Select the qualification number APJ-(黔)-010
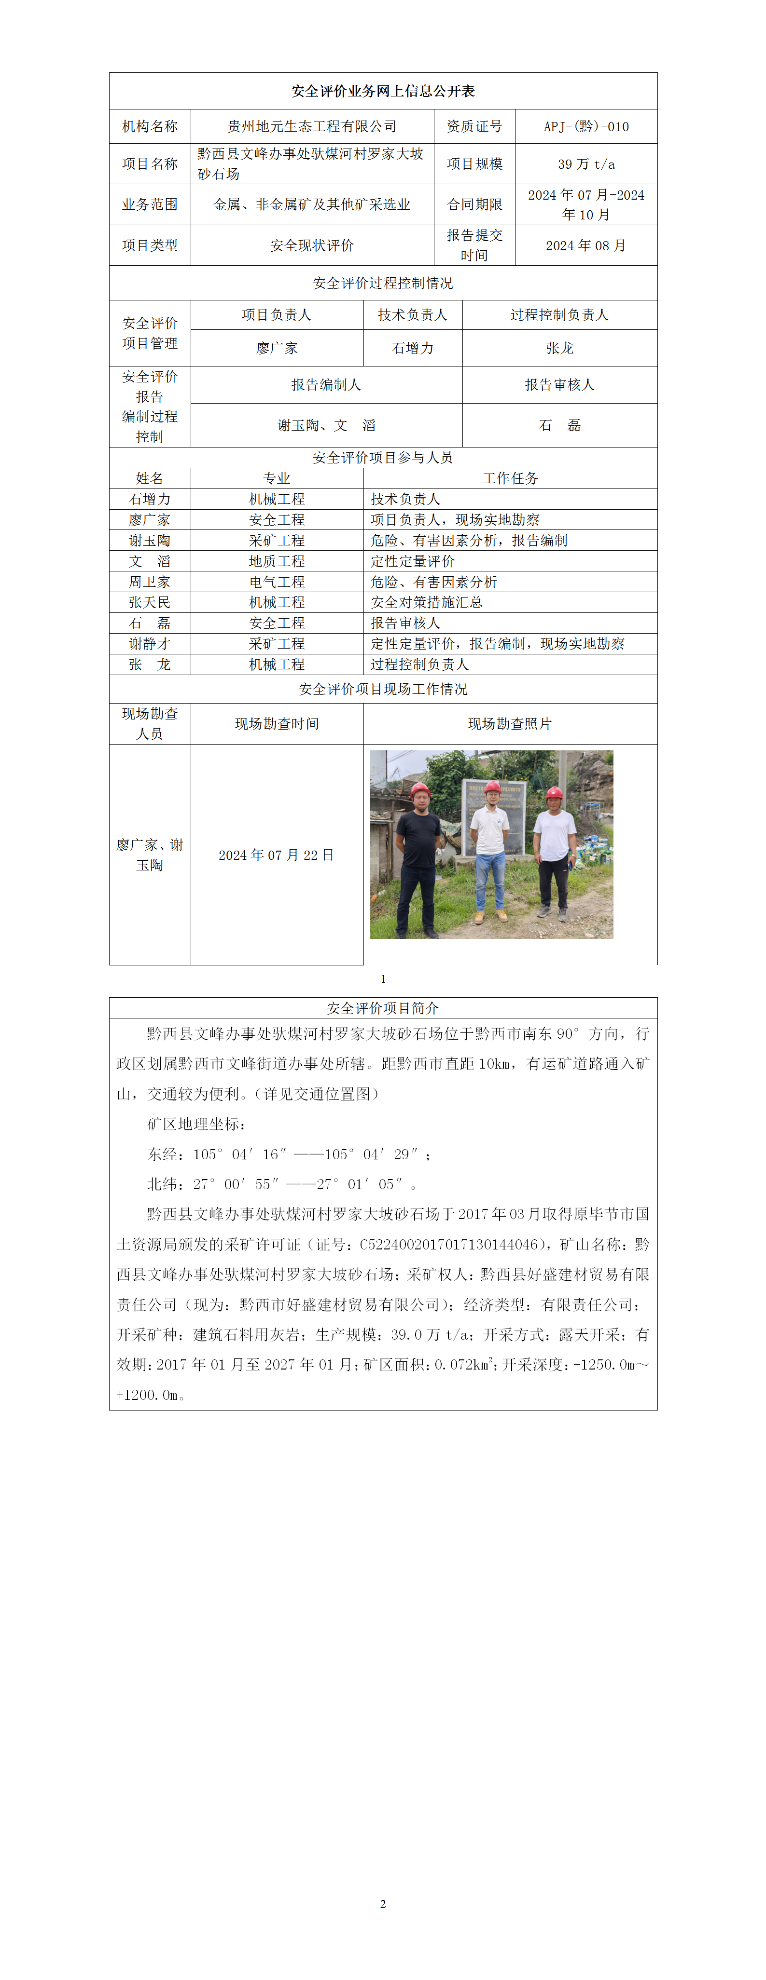585,126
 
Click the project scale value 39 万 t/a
585,164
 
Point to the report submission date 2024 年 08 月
585,245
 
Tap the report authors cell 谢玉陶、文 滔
326,425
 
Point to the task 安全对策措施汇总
426,602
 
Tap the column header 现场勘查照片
509,723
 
